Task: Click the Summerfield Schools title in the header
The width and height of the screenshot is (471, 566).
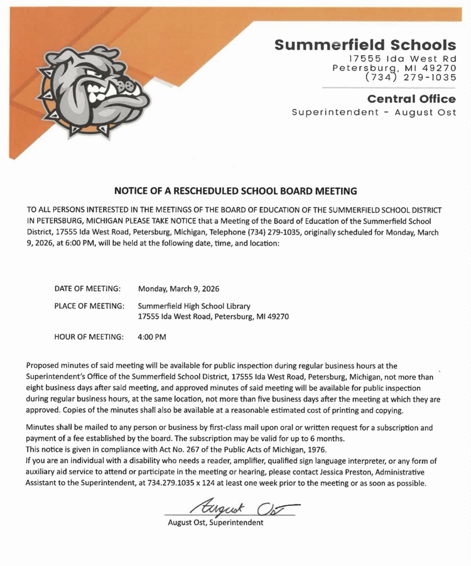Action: coord(365,45)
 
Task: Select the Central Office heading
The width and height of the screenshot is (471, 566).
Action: coord(411,99)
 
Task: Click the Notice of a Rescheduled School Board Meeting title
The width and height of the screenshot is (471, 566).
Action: coord(235,190)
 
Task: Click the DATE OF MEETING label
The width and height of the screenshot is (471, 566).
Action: coord(87,289)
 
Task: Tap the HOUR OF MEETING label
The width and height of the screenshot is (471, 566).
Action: coord(89,337)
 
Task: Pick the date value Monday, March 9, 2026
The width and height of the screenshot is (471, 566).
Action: coord(178,289)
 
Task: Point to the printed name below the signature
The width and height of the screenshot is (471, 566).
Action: coord(215,522)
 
